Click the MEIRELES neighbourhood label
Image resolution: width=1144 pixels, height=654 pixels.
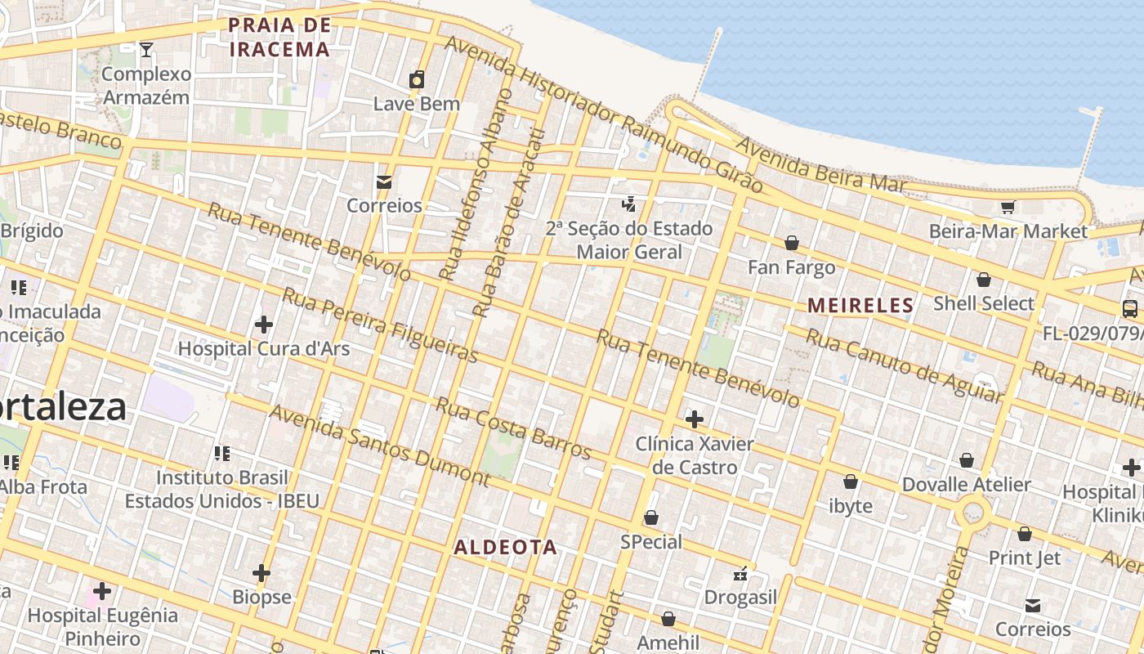coord(860,306)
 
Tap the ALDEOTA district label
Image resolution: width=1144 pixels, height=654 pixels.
coord(505,547)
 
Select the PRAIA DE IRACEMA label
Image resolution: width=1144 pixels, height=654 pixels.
coord(279,37)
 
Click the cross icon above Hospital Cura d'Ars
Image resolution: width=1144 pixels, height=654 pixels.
coord(263,325)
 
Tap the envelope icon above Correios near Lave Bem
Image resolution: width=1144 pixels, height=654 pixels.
coord(383,181)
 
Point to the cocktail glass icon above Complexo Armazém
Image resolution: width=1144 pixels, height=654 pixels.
coord(145,50)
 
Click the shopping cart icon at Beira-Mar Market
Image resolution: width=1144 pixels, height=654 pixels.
coord(1008,208)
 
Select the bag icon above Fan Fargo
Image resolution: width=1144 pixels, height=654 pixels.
coord(791,243)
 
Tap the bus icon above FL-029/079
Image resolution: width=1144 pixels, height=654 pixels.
coord(1130,309)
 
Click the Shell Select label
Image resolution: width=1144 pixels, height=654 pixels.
coord(984,303)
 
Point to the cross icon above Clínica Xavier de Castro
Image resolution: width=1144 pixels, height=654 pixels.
coord(694,419)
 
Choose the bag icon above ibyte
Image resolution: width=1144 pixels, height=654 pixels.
coord(851,482)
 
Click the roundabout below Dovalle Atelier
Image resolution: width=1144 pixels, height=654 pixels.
coord(972,513)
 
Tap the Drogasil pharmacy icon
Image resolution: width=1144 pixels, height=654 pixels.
coord(740,574)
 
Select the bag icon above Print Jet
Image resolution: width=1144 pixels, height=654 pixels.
coord(1024,534)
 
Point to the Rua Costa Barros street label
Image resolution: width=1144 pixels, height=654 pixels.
coord(512,428)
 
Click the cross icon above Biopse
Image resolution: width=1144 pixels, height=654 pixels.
coord(261,573)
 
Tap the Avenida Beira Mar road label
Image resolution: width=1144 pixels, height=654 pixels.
coord(820,166)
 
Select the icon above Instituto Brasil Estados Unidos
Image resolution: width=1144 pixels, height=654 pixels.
coord(221,453)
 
